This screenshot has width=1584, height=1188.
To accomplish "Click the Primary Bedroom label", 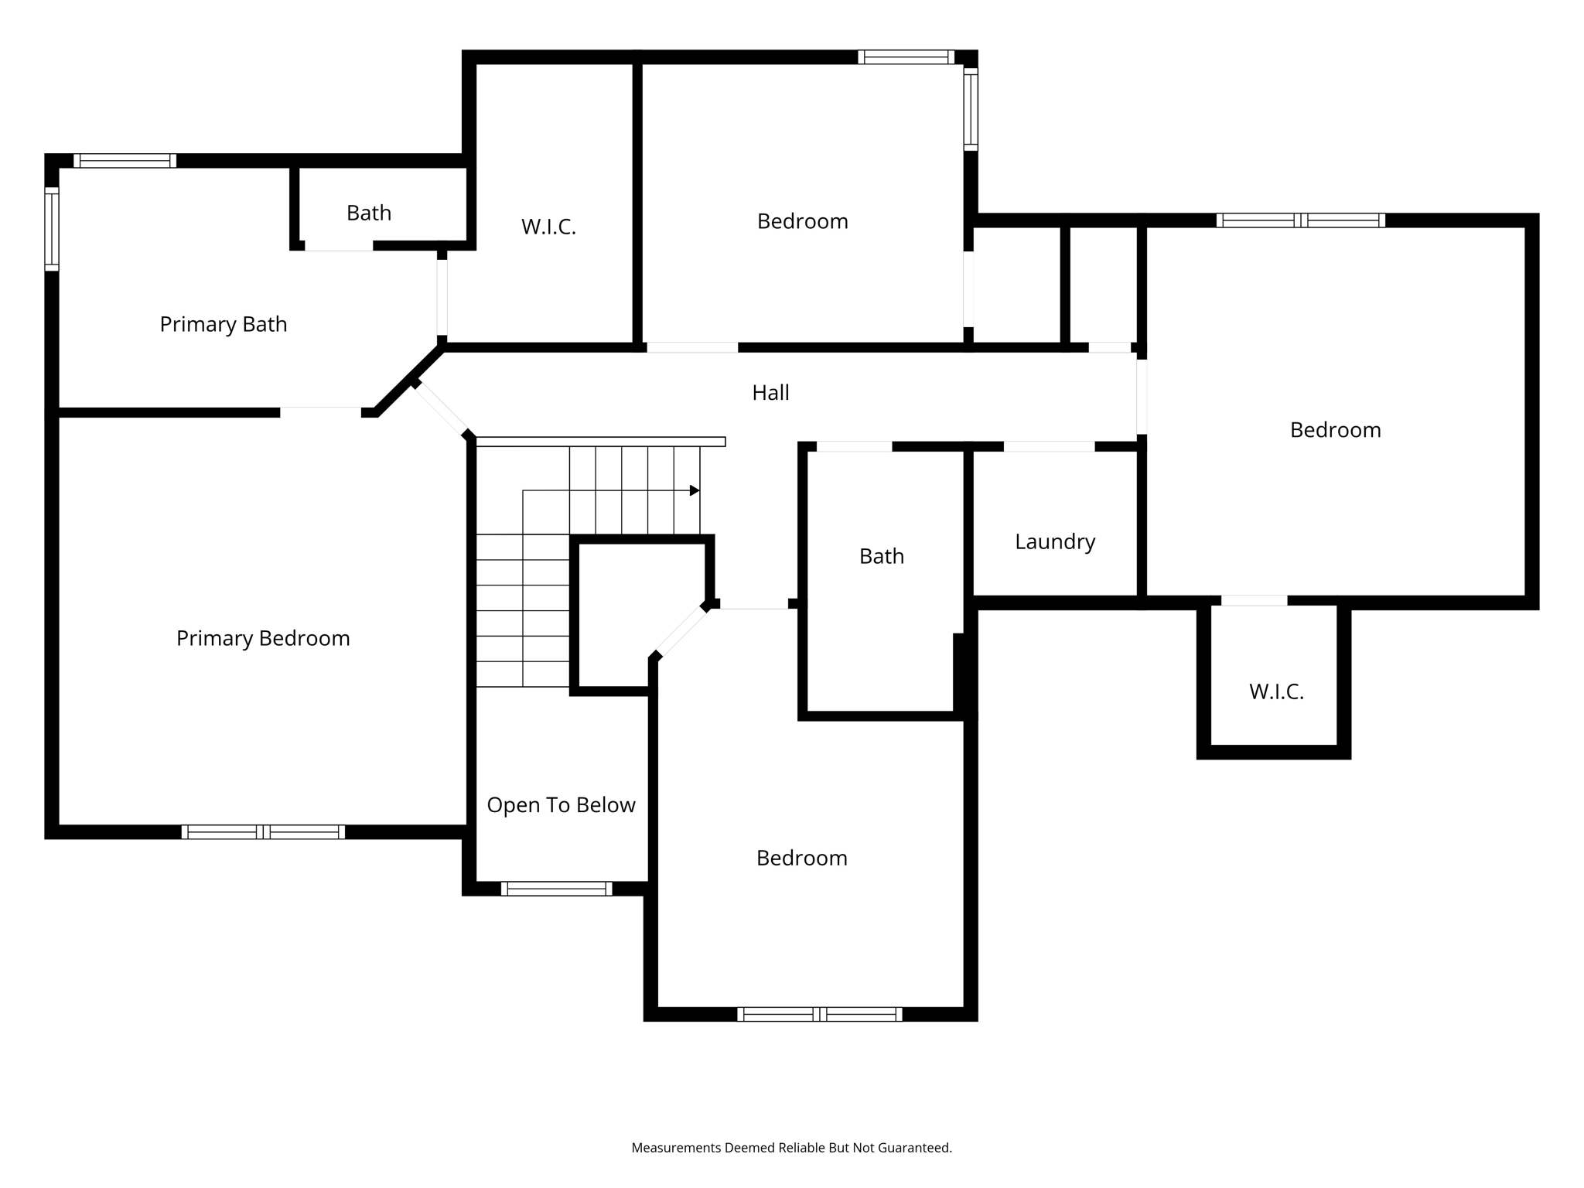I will [263, 638].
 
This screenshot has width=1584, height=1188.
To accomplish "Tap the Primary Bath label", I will [223, 324].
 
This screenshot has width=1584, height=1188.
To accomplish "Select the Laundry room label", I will [1055, 541].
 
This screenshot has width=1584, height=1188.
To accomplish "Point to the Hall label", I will [770, 393].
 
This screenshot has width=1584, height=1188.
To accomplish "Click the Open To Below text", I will [561, 805].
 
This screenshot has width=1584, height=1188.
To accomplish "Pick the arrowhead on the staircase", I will [695, 490].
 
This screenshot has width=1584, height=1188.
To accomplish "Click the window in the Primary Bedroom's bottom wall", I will [263, 832].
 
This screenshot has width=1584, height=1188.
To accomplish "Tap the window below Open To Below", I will [556, 889].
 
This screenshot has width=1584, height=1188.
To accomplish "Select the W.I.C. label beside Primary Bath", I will [548, 227].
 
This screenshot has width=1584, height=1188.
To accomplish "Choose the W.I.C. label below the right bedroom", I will [1276, 691].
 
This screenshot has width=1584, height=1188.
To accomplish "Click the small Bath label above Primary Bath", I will [369, 213].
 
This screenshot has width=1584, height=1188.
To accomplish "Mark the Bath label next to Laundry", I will [882, 556].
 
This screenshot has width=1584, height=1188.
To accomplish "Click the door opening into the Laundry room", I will [1049, 446].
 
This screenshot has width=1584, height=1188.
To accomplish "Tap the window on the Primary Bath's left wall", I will [52, 229].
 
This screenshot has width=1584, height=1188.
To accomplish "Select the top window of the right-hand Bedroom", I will [1300, 220].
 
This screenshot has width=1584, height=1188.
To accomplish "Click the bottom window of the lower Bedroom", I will [819, 1014].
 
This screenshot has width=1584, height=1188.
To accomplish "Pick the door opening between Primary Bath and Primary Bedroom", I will [320, 412].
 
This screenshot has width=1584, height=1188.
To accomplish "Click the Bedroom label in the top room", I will [802, 221].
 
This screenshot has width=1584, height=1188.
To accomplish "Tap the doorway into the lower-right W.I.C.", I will [1254, 601].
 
